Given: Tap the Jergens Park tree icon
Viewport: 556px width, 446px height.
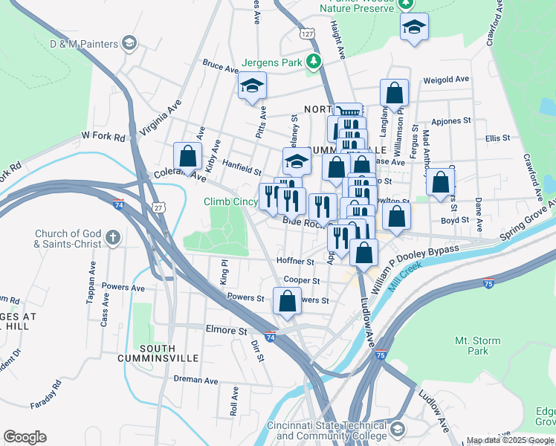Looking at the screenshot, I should point(314,61).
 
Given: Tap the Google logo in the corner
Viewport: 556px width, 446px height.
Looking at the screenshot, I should point(25,437).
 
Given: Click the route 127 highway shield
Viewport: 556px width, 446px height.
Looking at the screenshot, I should point(308,34).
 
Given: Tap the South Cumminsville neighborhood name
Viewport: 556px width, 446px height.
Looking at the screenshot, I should point(146,352).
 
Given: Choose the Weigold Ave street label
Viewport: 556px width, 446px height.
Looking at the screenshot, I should point(446,80).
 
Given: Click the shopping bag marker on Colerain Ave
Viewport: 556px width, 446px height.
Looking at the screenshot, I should point(187,156).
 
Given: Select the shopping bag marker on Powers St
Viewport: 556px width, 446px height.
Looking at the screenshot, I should point(287,302).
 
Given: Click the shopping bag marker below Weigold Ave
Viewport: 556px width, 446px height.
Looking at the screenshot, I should point(394,94).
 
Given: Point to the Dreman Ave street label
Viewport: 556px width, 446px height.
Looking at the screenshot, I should point(195,379).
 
